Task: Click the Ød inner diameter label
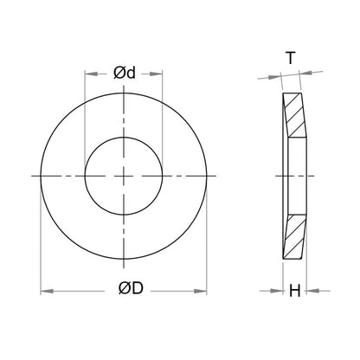coord(125,73)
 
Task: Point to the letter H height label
coord(294,291)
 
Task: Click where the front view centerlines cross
coord(125,176)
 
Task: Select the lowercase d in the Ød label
coord(131,73)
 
